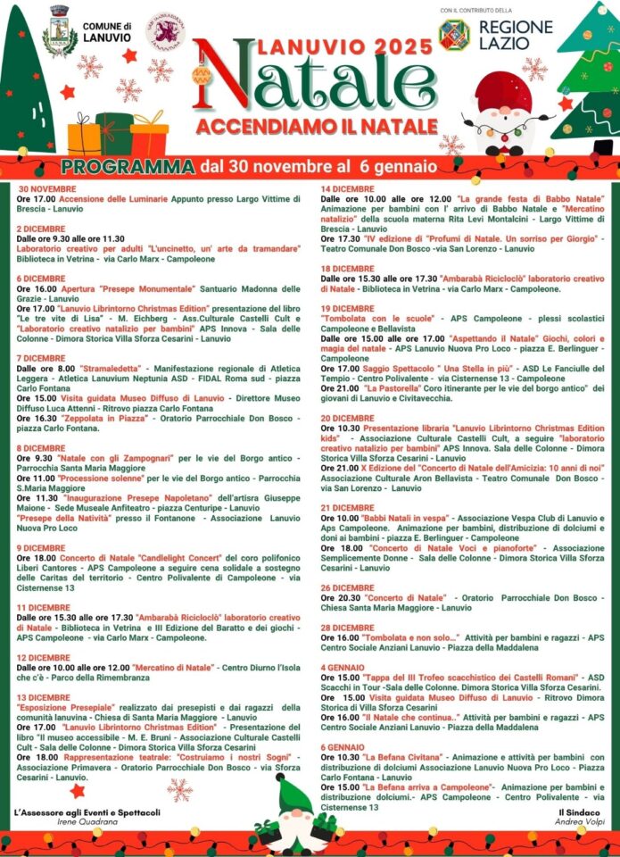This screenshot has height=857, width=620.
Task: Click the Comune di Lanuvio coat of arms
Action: (60, 31)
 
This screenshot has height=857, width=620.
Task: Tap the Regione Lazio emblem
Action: (454, 34)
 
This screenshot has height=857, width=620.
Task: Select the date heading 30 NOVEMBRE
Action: (47, 189)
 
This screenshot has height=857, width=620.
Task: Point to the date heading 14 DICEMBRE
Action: (347, 188)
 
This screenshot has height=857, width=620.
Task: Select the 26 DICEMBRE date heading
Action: (347, 587)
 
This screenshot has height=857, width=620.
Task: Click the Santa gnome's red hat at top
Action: (503, 90)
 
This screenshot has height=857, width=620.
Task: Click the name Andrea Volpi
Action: (579, 822)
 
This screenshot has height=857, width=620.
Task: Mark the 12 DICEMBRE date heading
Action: (44, 657)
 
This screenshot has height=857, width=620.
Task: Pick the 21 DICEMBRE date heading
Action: (347, 508)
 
